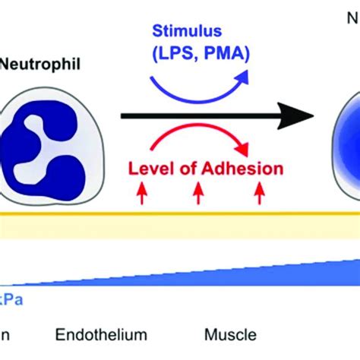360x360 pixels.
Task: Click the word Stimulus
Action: [193, 33]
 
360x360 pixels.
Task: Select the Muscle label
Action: [231, 335]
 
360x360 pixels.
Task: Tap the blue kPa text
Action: [11, 299]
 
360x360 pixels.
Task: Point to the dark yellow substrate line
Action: [180, 213]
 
